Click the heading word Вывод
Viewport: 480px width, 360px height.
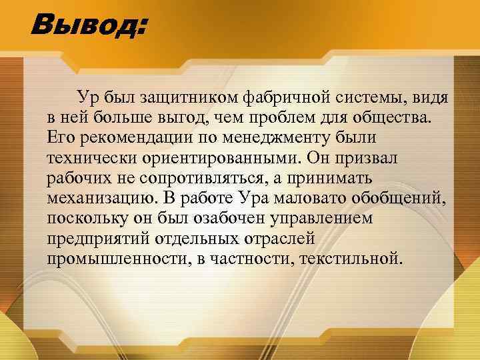click(x=87, y=27)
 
